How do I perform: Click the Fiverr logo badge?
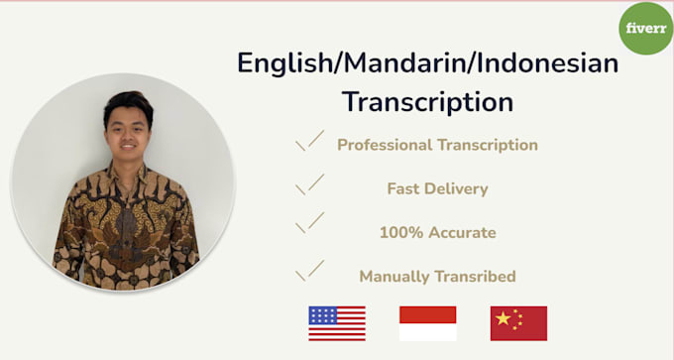coord(646,28)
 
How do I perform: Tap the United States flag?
coord(337,323)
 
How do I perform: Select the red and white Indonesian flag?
coord(427,323)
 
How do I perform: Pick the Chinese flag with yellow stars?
coord(518,323)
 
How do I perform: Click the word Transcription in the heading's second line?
coord(428,101)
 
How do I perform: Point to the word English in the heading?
coord(282,63)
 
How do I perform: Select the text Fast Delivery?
coord(437,188)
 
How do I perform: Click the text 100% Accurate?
coord(437,233)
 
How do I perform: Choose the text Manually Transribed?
coord(437,277)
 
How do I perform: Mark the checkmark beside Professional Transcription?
coord(310,142)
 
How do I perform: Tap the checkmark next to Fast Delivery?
coord(310,184)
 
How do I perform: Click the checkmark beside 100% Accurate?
coord(310,226)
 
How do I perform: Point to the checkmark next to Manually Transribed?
coord(310,271)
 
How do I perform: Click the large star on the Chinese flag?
coord(503,318)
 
